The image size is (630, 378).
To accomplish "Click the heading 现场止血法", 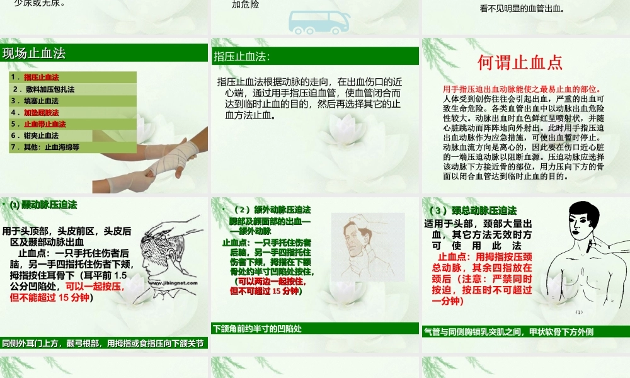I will [x=34, y=54].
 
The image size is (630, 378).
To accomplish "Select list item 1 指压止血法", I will [x=42, y=77].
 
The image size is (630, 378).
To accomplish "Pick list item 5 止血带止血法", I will [x=45, y=124].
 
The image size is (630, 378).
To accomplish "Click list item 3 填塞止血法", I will [x=42, y=101].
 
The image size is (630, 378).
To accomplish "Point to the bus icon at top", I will [x=319, y=20].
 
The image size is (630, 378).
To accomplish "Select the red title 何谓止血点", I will [x=520, y=62].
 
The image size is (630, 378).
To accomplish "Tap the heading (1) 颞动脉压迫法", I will [x=43, y=205].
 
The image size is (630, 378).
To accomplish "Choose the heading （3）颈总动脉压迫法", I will [x=472, y=210].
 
